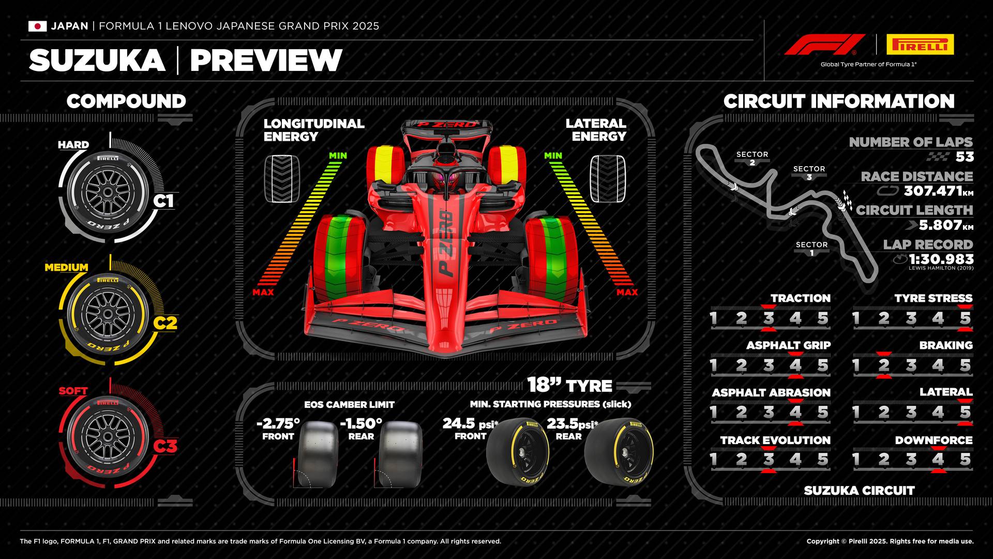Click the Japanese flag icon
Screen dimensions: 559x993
coord(37,26)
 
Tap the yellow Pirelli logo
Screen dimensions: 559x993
coord(920,45)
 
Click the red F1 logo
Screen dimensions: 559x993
coord(824,45)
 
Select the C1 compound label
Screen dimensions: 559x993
coord(163,200)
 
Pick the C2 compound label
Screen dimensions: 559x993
coord(165,323)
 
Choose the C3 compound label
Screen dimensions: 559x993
coord(165,446)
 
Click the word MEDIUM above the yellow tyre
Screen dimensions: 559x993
coord(66,268)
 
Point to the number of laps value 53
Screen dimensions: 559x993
coord(965,156)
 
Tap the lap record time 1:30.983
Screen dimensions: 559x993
coord(941,259)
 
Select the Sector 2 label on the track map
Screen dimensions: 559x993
coord(752,158)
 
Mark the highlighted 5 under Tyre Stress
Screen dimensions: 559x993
coord(965,318)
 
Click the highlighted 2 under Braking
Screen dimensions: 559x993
coord(883,365)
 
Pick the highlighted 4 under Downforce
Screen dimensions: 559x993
coord(938,459)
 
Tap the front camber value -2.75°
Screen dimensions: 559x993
coord(278,423)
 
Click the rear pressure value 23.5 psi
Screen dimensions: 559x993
coord(572,424)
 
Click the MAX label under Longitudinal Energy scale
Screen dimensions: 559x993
coord(263,292)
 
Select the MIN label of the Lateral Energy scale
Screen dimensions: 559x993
coord(553,155)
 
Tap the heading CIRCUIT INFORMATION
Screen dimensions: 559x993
coord(838,101)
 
